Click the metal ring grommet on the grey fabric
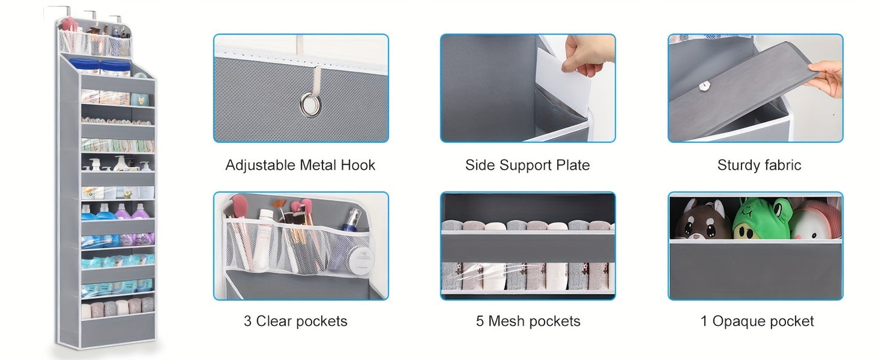[310, 105]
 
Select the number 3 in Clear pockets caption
[248, 321]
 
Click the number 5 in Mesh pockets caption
[480, 321]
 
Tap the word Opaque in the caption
[737, 322]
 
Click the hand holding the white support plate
[585, 55]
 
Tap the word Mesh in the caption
[506, 321]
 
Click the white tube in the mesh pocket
[263, 239]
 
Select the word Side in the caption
[480, 165]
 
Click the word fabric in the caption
[783, 165]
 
